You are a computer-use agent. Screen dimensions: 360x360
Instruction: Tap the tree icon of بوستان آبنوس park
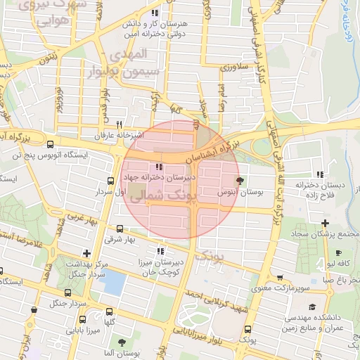point(240,181)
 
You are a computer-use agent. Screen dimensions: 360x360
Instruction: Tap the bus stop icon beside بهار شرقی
point(119,229)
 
